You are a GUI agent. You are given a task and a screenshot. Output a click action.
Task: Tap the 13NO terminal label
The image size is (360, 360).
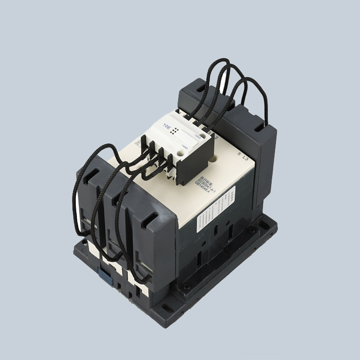tap(197, 136)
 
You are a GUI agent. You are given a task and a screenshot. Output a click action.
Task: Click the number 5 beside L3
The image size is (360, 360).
tap(239, 154)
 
